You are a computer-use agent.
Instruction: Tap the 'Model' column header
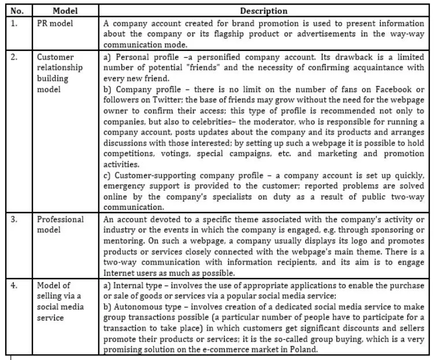pos(65,11)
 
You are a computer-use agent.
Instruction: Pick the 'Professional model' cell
pos(60,224)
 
